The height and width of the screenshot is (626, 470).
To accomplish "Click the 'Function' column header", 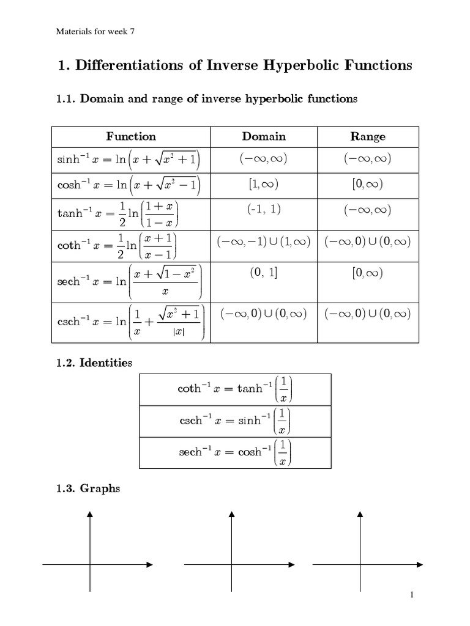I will click(131, 136).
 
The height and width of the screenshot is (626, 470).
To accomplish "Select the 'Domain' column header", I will click(264, 136).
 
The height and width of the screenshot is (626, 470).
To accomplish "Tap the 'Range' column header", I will click(367, 136).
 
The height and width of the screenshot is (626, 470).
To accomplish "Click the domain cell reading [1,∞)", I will click(264, 184).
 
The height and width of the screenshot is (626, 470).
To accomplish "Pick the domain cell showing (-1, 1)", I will click(264, 209).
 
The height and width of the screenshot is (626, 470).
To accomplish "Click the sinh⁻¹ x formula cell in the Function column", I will click(130, 160).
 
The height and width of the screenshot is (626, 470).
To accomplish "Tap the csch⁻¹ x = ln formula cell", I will click(130, 322).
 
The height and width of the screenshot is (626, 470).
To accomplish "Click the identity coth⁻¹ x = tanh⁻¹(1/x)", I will click(235, 389).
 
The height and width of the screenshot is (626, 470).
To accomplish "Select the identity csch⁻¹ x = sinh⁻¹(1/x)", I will click(235, 421).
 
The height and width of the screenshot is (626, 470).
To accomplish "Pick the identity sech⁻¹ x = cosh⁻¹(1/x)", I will click(235, 453).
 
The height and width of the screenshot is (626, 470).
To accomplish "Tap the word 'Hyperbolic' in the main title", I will click(299, 65).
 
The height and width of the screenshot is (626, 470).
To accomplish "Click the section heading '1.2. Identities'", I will click(94, 363).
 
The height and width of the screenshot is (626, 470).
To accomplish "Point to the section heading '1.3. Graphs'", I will click(88, 489).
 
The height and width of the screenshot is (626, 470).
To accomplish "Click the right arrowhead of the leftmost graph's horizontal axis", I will click(149, 565).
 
